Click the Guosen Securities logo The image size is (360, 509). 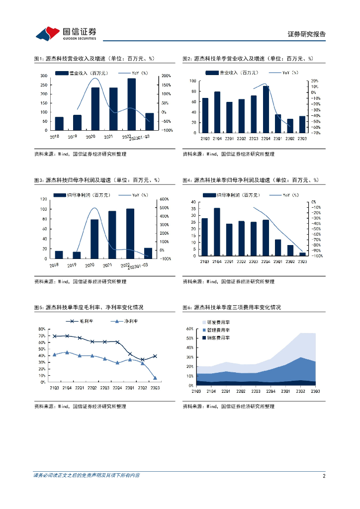66,33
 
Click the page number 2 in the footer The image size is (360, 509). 324,476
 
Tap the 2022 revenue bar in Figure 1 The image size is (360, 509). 131,104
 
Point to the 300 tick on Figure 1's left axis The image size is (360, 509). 44,76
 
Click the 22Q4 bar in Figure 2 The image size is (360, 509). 266,109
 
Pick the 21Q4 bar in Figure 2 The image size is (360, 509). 217,112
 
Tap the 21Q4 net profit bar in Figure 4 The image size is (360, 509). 217,232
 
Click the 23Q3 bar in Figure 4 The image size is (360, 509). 302,254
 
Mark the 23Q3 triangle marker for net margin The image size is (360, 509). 155,378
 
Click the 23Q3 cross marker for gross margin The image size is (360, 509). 155,356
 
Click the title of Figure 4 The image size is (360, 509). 250,180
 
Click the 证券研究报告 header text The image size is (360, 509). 307,34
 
